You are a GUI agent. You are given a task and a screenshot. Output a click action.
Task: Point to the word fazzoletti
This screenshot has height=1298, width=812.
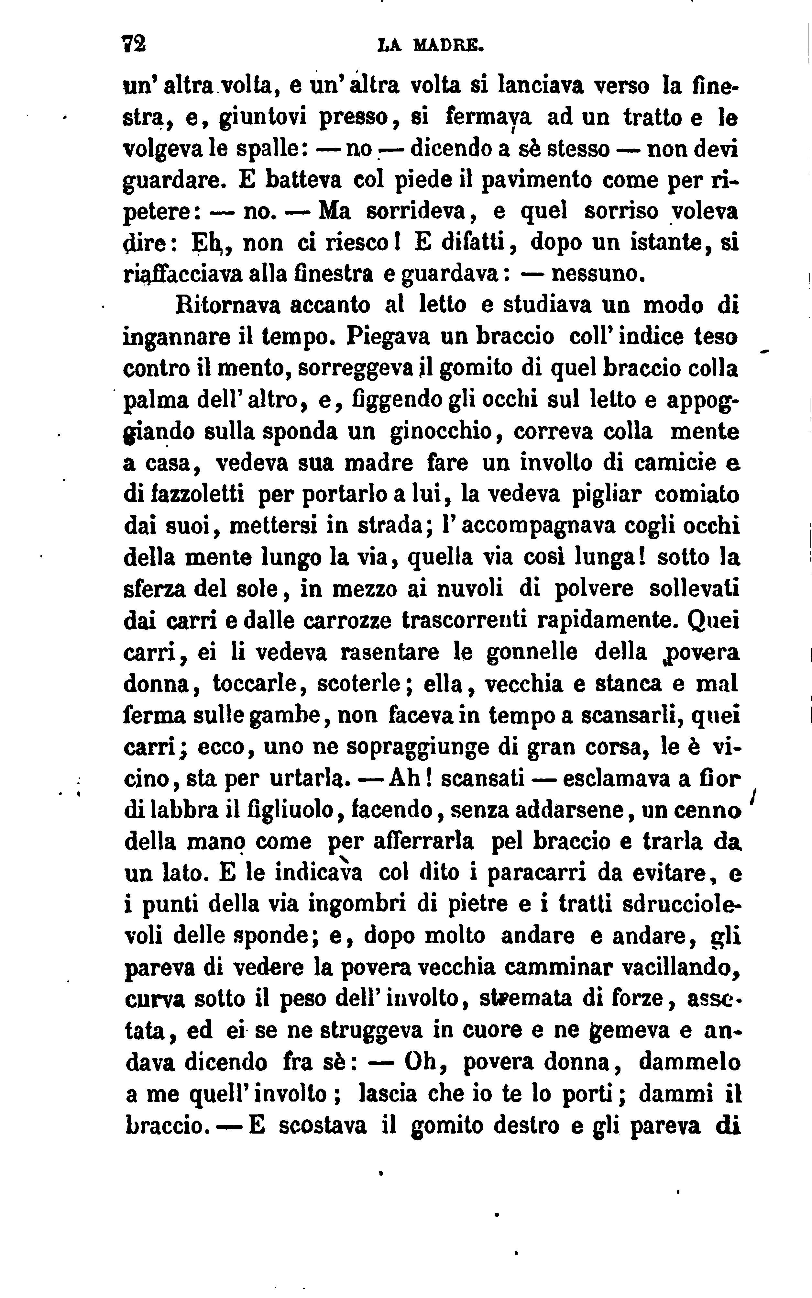click(x=184, y=494)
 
